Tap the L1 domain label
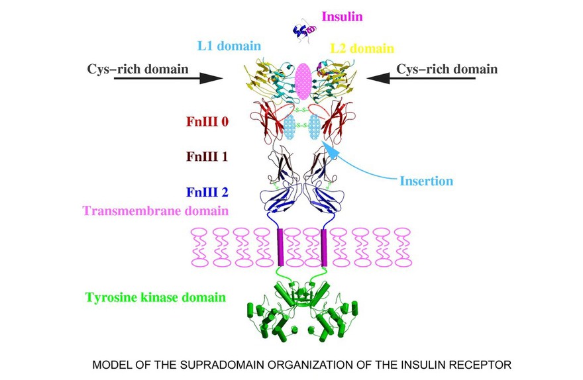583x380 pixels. (x=229, y=47)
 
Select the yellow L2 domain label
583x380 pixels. (x=362, y=49)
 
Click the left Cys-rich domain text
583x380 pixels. (x=138, y=69)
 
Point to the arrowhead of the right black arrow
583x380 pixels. (x=376, y=78)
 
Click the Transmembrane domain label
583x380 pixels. (x=156, y=211)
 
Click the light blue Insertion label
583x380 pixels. (x=427, y=181)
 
